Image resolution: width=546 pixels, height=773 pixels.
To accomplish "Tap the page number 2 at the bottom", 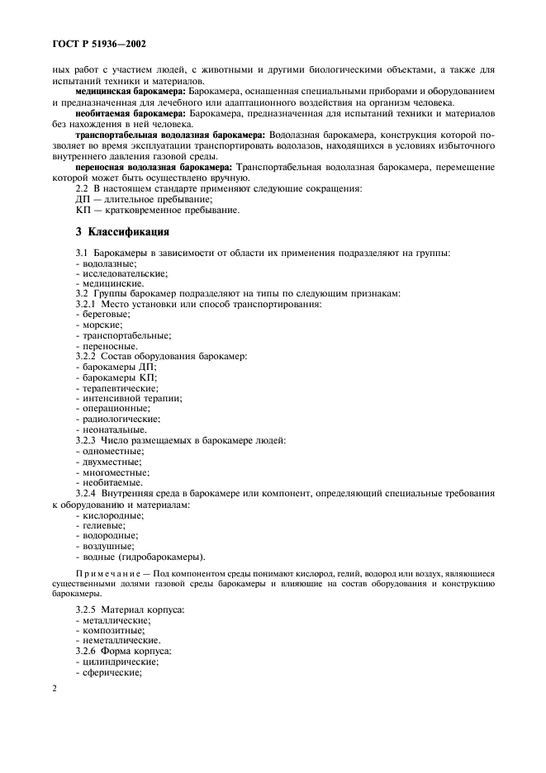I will (54, 687).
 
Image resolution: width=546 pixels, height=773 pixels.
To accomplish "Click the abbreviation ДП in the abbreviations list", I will (82, 199).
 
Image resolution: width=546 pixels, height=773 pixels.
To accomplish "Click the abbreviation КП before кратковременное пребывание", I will (82, 210).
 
